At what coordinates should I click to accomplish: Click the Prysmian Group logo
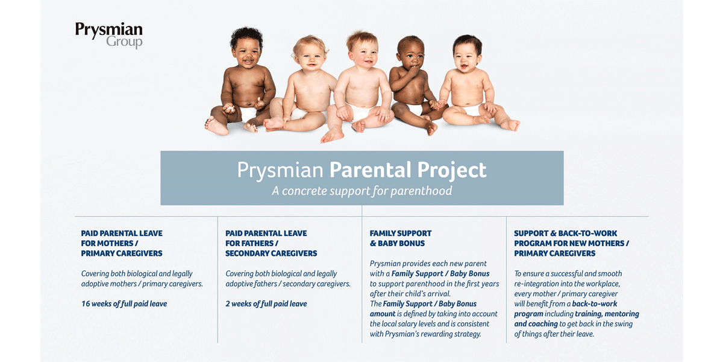109,35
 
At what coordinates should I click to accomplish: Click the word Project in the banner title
451,171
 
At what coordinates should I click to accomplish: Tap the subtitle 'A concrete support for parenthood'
362,191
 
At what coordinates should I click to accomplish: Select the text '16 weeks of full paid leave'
124,304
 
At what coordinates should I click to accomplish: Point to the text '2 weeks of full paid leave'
266,304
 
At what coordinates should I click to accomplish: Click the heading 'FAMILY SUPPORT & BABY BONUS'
401,238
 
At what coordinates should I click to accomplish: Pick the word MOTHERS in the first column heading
116,243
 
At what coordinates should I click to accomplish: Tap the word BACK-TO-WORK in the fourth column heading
587,233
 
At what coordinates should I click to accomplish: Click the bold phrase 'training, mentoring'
607,314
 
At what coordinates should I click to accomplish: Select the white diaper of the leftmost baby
248,114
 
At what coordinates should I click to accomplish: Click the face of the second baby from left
310,58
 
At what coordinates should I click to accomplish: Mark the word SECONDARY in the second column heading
246,253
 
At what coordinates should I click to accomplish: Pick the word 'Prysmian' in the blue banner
280,171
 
